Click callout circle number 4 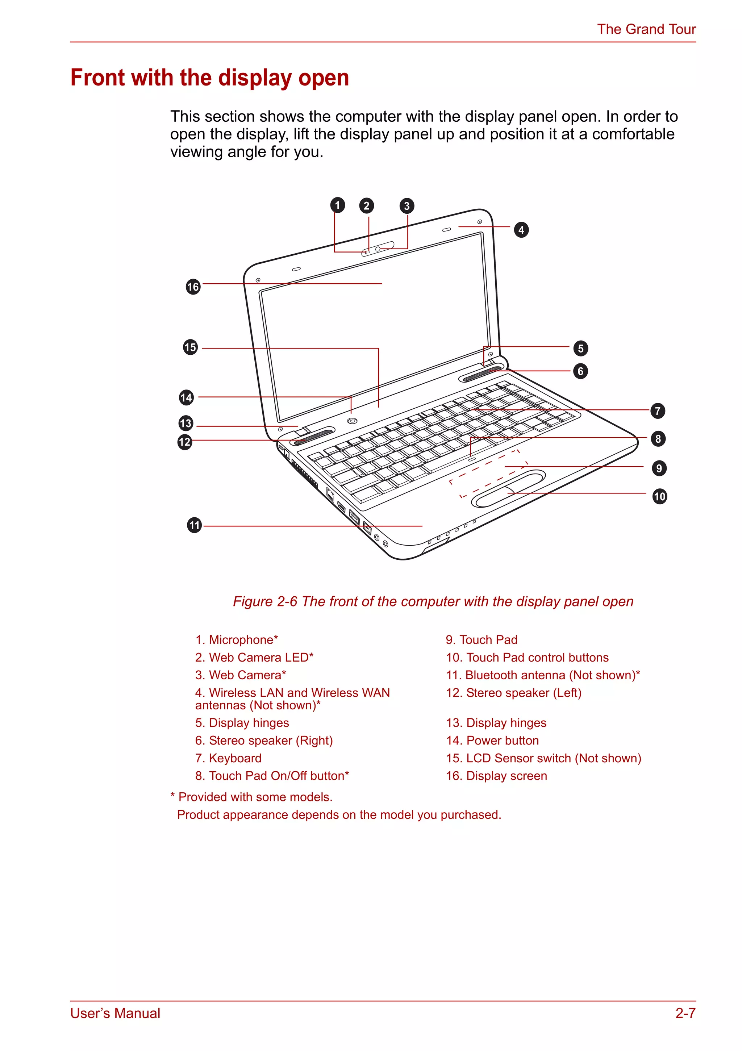pyautogui.click(x=521, y=230)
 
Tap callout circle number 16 pyautogui.click(x=193, y=287)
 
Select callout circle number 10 pyautogui.click(x=659, y=496)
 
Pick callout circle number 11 pyautogui.click(x=195, y=525)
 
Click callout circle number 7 pyautogui.click(x=657, y=410)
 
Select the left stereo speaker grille pyautogui.click(x=313, y=437)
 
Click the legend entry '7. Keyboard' pyautogui.click(x=228, y=758)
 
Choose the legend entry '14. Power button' pyautogui.click(x=492, y=740)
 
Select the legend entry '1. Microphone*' pyautogui.click(x=236, y=639)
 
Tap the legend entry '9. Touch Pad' pyautogui.click(x=481, y=639)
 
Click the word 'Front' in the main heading pyautogui.click(x=97, y=78)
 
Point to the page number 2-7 pyautogui.click(x=685, y=1013)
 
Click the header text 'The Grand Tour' pyautogui.click(x=646, y=29)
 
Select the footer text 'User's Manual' pyautogui.click(x=115, y=1013)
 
